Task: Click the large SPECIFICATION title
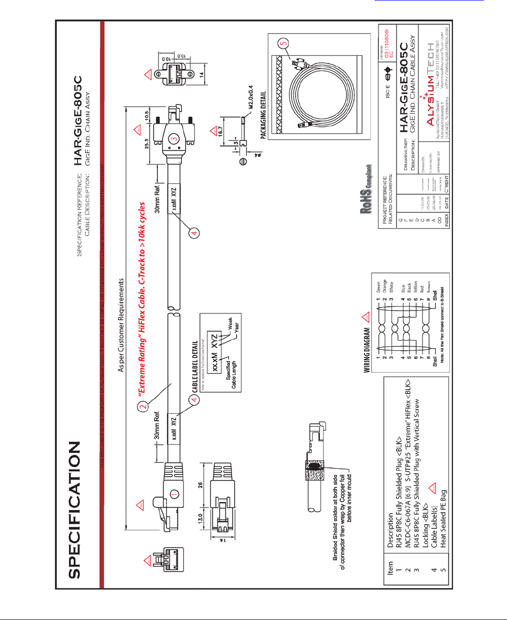tap(74, 510)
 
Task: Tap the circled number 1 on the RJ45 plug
tap(174, 494)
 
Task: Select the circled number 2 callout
tap(143, 406)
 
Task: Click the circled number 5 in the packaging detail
tap(284, 44)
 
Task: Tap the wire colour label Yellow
tap(415, 287)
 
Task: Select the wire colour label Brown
tap(428, 287)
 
